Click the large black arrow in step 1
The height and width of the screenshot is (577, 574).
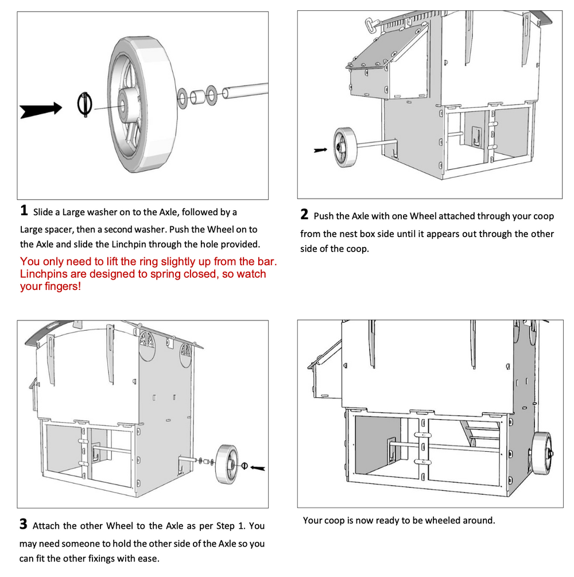(40, 108)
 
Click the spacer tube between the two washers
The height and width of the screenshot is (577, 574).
(196, 96)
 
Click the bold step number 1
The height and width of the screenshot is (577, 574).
(24, 211)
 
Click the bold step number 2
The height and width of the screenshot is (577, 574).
(305, 215)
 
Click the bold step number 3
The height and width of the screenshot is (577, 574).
(24, 524)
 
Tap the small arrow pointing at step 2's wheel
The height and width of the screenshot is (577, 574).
(320, 150)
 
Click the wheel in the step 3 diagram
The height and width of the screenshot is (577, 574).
(226, 464)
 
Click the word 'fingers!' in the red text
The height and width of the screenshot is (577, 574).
(63, 286)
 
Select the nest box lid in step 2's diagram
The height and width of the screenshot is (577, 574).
(390, 55)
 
